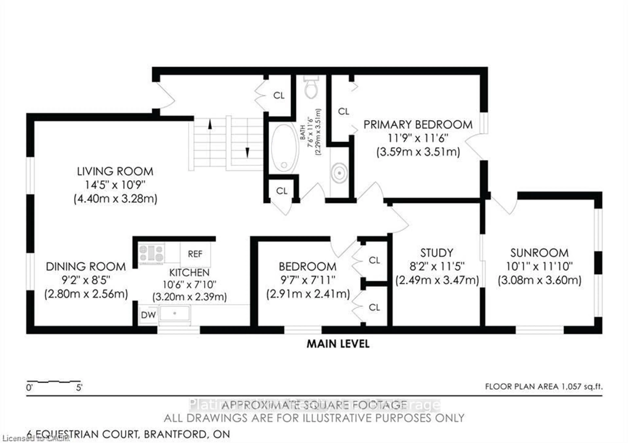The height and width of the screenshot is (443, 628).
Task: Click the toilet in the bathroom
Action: tap(311, 87)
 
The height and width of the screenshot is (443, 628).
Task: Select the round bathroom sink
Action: tap(339, 173)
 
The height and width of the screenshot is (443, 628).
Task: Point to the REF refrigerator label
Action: tap(195, 254)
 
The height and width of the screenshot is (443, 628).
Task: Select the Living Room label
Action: tap(115, 172)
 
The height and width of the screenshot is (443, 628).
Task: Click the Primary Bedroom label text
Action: tap(418, 125)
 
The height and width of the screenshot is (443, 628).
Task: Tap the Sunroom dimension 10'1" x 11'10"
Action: tap(539, 266)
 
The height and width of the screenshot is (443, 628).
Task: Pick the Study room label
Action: tap(436, 253)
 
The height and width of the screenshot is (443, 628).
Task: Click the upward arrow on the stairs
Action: tap(210, 125)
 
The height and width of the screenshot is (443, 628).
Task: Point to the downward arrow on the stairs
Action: tap(247, 152)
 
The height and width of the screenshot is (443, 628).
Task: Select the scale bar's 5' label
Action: tap(79, 388)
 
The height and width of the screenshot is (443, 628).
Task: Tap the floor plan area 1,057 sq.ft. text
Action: tap(544, 387)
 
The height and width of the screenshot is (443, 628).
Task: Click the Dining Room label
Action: tap(86, 266)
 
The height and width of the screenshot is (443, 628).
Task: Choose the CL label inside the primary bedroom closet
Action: tap(344, 111)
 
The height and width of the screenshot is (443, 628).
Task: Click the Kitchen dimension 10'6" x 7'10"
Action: tap(189, 285)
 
